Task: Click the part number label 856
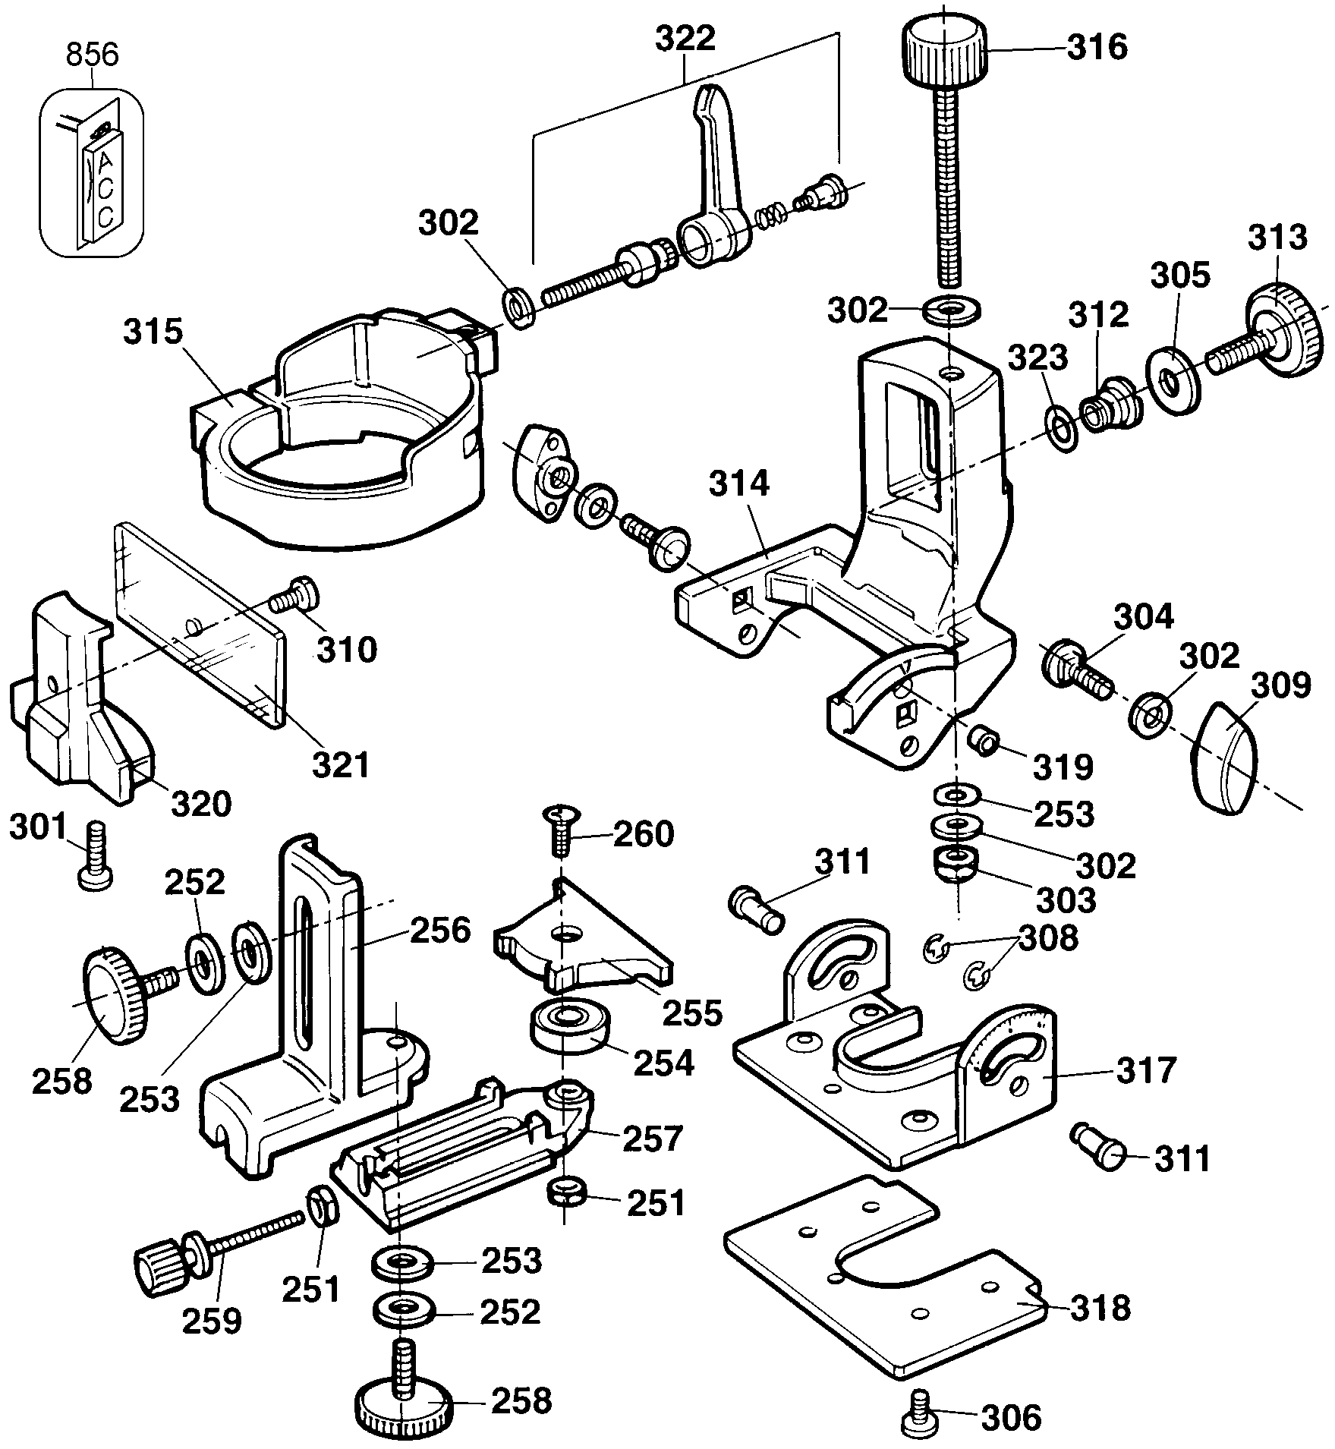pos(93,54)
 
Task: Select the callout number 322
pos(685,39)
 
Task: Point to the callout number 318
pos(1100,1307)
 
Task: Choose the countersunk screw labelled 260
pos(559,831)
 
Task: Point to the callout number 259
pos(212,1320)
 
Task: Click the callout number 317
pos(1145,1071)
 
